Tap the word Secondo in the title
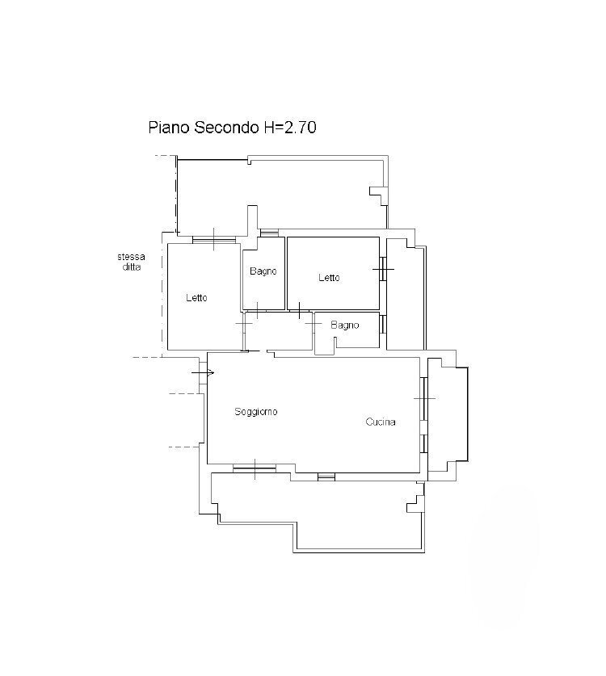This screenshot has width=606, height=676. [218, 128]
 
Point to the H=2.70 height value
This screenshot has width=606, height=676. [290, 128]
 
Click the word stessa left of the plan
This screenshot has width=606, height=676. [131, 258]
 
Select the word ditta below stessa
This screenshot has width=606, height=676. [131, 267]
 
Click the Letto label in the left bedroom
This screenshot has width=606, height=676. [196, 298]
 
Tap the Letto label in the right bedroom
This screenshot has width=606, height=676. [329, 278]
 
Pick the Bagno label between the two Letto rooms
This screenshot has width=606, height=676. [263, 271]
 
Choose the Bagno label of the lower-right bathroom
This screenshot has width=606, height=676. [344, 325]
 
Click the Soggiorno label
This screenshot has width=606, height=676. [256, 412]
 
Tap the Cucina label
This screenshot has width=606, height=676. [381, 422]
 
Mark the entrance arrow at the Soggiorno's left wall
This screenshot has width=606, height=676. [204, 372]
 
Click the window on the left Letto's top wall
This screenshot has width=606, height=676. [214, 239]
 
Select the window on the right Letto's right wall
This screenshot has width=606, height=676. [383, 268]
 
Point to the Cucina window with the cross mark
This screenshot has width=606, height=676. [423, 397]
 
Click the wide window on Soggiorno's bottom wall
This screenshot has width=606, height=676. [255, 468]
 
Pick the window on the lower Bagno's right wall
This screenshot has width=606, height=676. [382, 325]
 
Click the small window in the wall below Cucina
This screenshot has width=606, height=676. [326, 477]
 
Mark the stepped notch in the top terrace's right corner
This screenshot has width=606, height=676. [377, 195]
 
